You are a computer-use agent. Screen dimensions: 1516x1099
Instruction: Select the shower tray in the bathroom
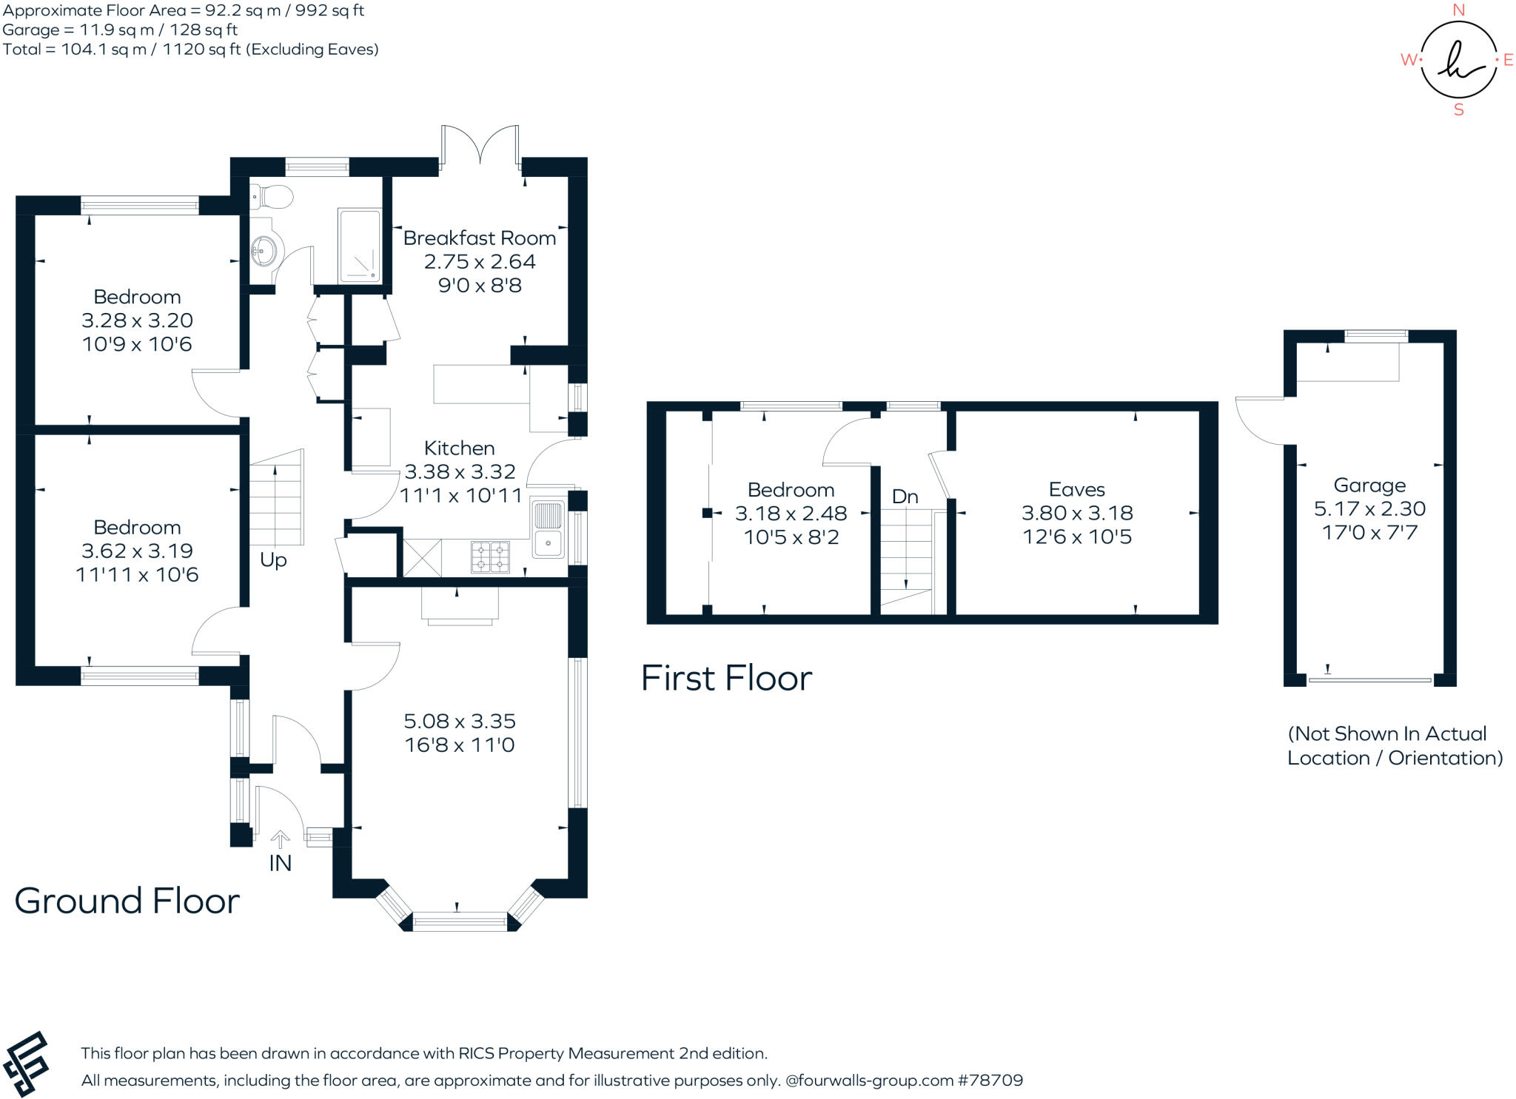click(x=360, y=246)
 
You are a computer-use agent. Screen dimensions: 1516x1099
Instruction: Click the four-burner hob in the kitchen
click(x=490, y=558)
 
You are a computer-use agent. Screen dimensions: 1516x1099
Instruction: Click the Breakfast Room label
click(x=480, y=238)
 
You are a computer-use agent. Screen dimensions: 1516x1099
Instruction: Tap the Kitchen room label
click(x=459, y=448)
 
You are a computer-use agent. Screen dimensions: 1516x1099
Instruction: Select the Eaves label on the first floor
click(x=1076, y=490)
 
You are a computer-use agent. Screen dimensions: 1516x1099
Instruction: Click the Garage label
click(x=1369, y=485)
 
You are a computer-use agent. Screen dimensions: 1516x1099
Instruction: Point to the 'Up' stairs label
click(x=273, y=560)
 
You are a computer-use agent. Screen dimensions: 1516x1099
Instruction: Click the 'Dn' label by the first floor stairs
click(x=905, y=497)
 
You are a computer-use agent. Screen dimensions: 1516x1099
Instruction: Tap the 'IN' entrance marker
click(x=280, y=864)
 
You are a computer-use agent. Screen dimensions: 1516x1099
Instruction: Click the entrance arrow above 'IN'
click(x=280, y=838)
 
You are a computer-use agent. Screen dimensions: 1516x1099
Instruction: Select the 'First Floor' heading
click(x=726, y=678)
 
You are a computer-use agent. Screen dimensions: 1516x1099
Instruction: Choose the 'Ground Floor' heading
click(x=127, y=901)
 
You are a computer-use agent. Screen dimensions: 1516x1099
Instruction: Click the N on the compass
click(x=1459, y=10)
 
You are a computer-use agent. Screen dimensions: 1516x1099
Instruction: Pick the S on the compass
click(x=1459, y=110)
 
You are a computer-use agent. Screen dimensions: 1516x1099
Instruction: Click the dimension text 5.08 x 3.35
click(x=459, y=721)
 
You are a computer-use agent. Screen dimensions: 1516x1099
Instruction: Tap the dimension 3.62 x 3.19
click(x=137, y=551)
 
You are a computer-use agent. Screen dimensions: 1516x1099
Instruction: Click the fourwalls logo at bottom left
click(x=27, y=1064)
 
